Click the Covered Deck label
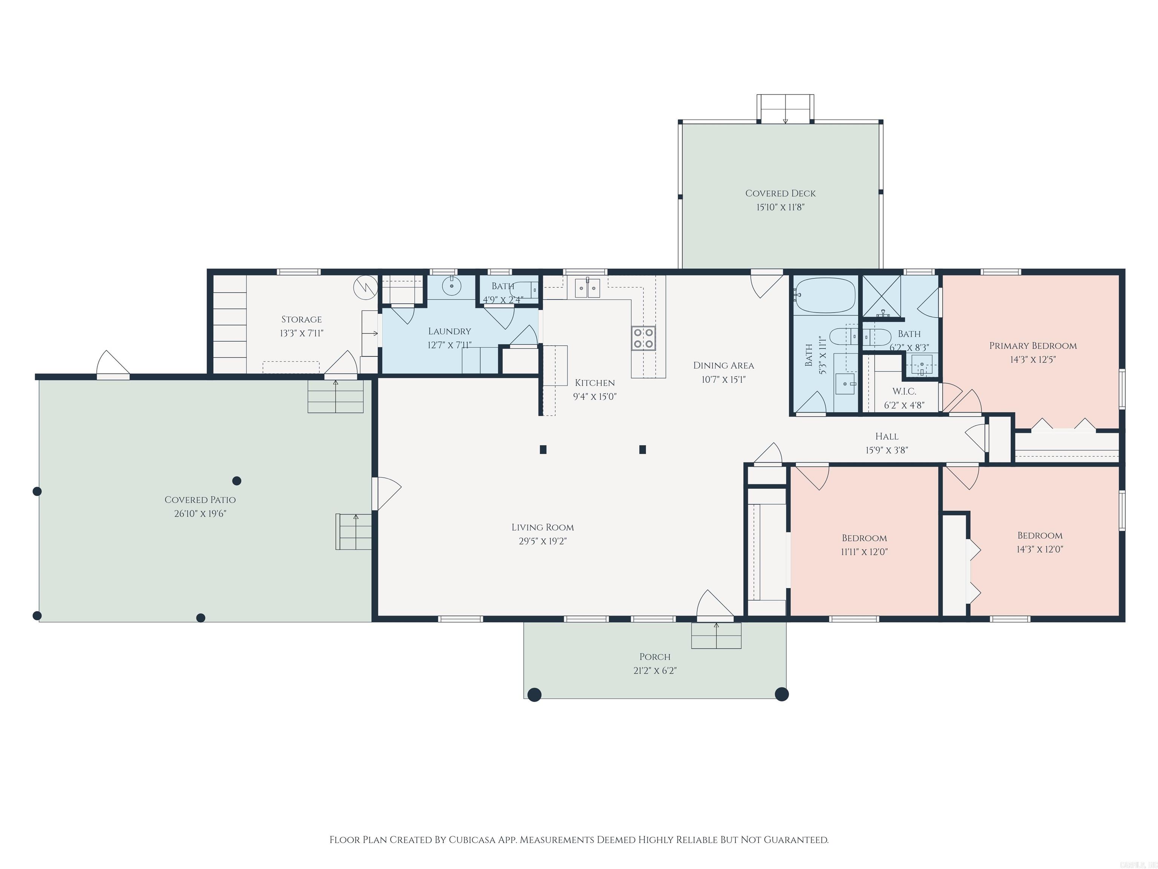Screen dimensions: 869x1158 [780, 193]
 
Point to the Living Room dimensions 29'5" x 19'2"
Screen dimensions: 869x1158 [542, 541]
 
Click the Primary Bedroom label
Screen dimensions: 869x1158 [1032, 346]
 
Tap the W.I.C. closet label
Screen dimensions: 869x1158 [904, 391]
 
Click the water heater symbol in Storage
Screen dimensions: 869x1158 [365, 287]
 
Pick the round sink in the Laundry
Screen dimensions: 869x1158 [451, 287]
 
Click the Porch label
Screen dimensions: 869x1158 [654, 657]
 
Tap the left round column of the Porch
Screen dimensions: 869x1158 [534, 695]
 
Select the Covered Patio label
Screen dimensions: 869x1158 [200, 500]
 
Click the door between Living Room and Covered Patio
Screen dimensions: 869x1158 [386, 493]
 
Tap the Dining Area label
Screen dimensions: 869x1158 [723, 365]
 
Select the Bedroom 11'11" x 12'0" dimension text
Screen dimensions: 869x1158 [864, 551]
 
